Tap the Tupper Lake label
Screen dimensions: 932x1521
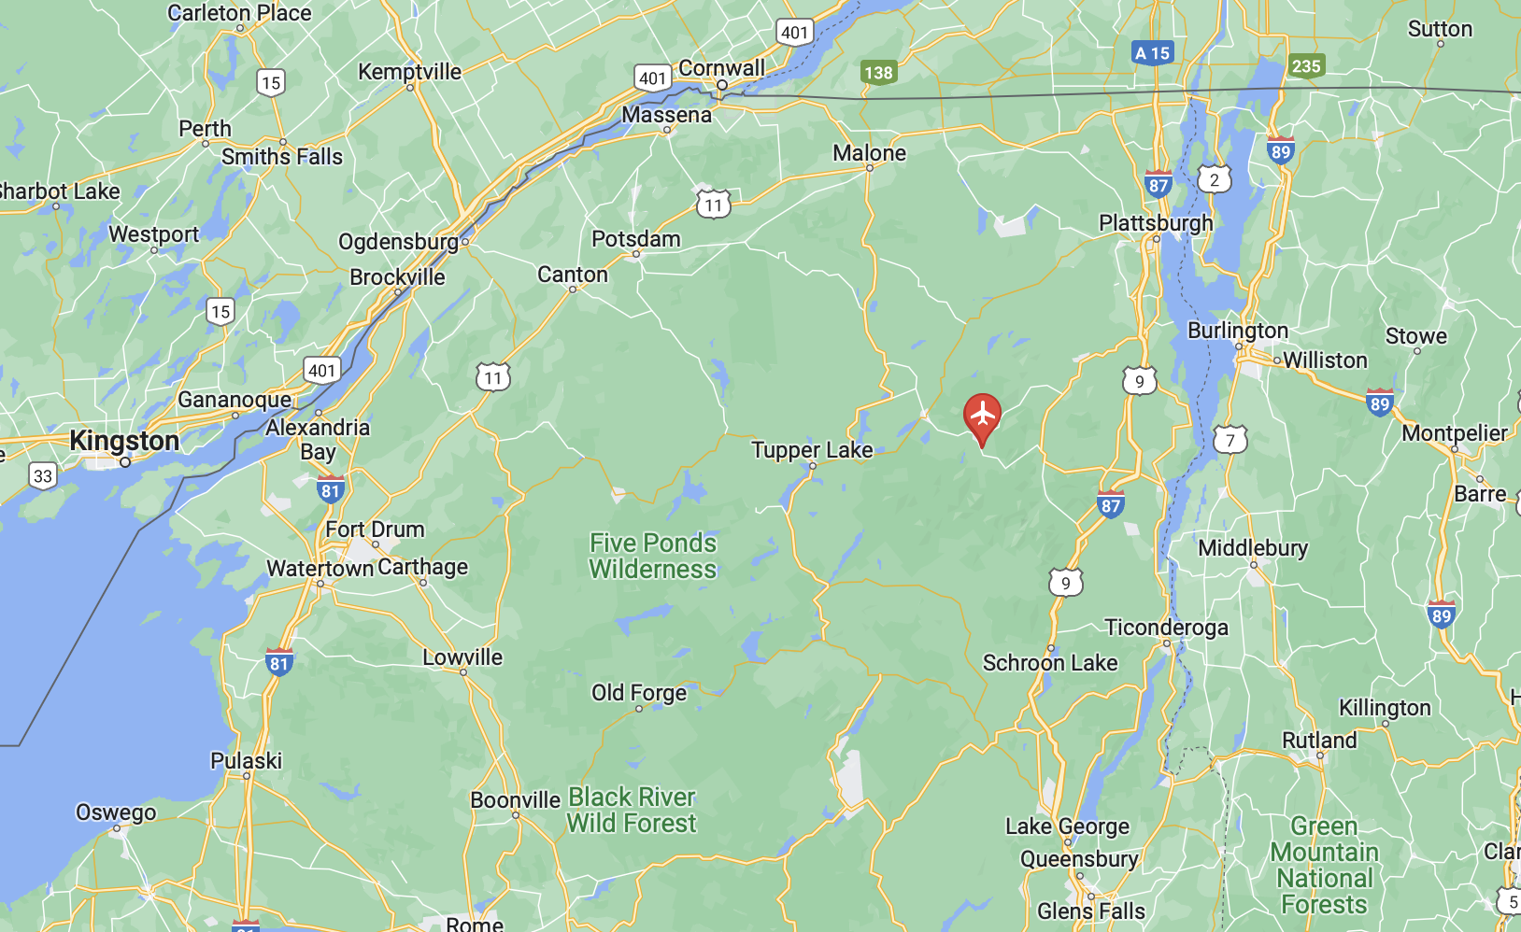pyautogui.click(x=812, y=450)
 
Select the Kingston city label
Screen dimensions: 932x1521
pyautogui.click(x=124, y=441)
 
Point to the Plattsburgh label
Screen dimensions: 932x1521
pyautogui.click(x=1156, y=223)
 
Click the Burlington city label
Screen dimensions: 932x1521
pyautogui.click(x=1237, y=331)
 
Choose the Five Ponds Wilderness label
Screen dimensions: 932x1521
pyautogui.click(x=652, y=556)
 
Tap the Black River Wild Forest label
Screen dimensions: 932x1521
pyautogui.click(x=632, y=810)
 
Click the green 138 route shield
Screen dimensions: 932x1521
pyautogui.click(x=878, y=72)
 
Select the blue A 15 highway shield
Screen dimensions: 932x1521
pyautogui.click(x=1151, y=53)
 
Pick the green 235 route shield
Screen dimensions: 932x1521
pyautogui.click(x=1305, y=65)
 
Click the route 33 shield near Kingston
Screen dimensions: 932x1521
pyautogui.click(x=43, y=475)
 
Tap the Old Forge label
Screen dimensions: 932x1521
pyautogui.click(x=639, y=693)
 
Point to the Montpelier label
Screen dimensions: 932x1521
pyautogui.click(x=1454, y=433)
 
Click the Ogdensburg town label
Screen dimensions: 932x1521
pyautogui.click(x=398, y=242)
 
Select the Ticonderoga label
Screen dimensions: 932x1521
pyautogui.click(x=1166, y=628)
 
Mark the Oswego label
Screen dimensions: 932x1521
pyautogui.click(x=116, y=812)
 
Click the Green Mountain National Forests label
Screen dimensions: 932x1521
pyautogui.click(x=1324, y=865)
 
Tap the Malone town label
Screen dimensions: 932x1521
pyautogui.click(x=869, y=153)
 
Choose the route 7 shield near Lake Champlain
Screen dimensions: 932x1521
pyautogui.click(x=1230, y=440)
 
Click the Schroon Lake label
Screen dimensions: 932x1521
pyautogui.click(x=1050, y=663)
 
